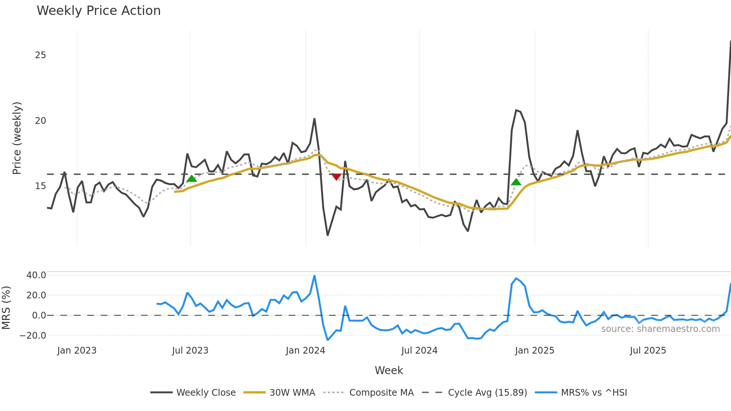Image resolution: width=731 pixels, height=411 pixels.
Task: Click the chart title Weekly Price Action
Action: [98, 11]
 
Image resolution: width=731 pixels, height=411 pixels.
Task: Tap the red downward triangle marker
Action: [336, 177]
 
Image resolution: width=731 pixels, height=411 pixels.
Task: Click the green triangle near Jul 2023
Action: [191, 179]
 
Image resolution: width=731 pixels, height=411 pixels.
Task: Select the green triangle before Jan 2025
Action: [516, 182]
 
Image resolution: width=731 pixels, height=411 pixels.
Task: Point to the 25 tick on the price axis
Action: [40, 55]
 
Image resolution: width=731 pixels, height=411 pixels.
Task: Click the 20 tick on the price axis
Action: [40, 121]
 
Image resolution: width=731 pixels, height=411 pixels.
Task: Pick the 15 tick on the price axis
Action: [40, 186]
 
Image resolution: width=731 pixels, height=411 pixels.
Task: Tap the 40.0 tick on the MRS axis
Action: [36, 275]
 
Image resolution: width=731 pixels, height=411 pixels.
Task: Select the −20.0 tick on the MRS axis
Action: [33, 336]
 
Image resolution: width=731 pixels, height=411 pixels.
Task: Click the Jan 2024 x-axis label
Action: [305, 351]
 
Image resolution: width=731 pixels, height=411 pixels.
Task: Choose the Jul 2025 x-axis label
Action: [648, 351]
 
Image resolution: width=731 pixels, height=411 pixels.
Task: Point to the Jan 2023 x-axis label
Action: [77, 351]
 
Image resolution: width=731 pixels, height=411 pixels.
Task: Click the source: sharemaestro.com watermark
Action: [660, 329]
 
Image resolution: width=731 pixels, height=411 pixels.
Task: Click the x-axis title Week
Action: [389, 370]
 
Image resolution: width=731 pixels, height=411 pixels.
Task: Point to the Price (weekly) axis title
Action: [17, 138]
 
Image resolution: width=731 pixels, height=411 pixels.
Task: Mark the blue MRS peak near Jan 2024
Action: [314, 276]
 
